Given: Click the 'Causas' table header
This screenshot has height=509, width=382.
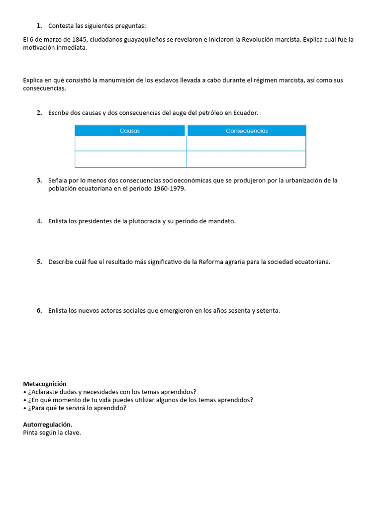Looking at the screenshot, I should click(x=130, y=131).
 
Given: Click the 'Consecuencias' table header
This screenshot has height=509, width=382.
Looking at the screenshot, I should click(x=246, y=131).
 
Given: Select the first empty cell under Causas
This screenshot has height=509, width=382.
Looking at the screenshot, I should click(x=130, y=143).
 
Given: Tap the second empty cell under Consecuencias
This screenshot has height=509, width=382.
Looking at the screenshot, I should click(x=246, y=159).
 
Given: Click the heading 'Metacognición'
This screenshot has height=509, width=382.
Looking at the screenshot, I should click(x=45, y=384).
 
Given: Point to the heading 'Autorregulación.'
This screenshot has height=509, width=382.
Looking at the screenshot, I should click(x=48, y=424).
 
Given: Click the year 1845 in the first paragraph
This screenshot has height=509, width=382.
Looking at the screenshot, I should click(x=81, y=40).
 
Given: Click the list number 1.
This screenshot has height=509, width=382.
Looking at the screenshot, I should click(x=39, y=26).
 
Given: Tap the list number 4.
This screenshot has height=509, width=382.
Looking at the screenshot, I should click(x=39, y=221).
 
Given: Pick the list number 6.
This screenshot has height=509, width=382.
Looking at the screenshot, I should click(x=39, y=311).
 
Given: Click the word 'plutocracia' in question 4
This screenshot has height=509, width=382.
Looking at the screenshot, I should click(x=145, y=221).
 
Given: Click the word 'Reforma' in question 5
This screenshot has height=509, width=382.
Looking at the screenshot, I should click(x=211, y=262).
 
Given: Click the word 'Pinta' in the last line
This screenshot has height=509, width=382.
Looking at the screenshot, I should click(x=31, y=432).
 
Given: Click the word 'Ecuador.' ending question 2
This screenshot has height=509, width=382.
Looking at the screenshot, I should click(x=246, y=113).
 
